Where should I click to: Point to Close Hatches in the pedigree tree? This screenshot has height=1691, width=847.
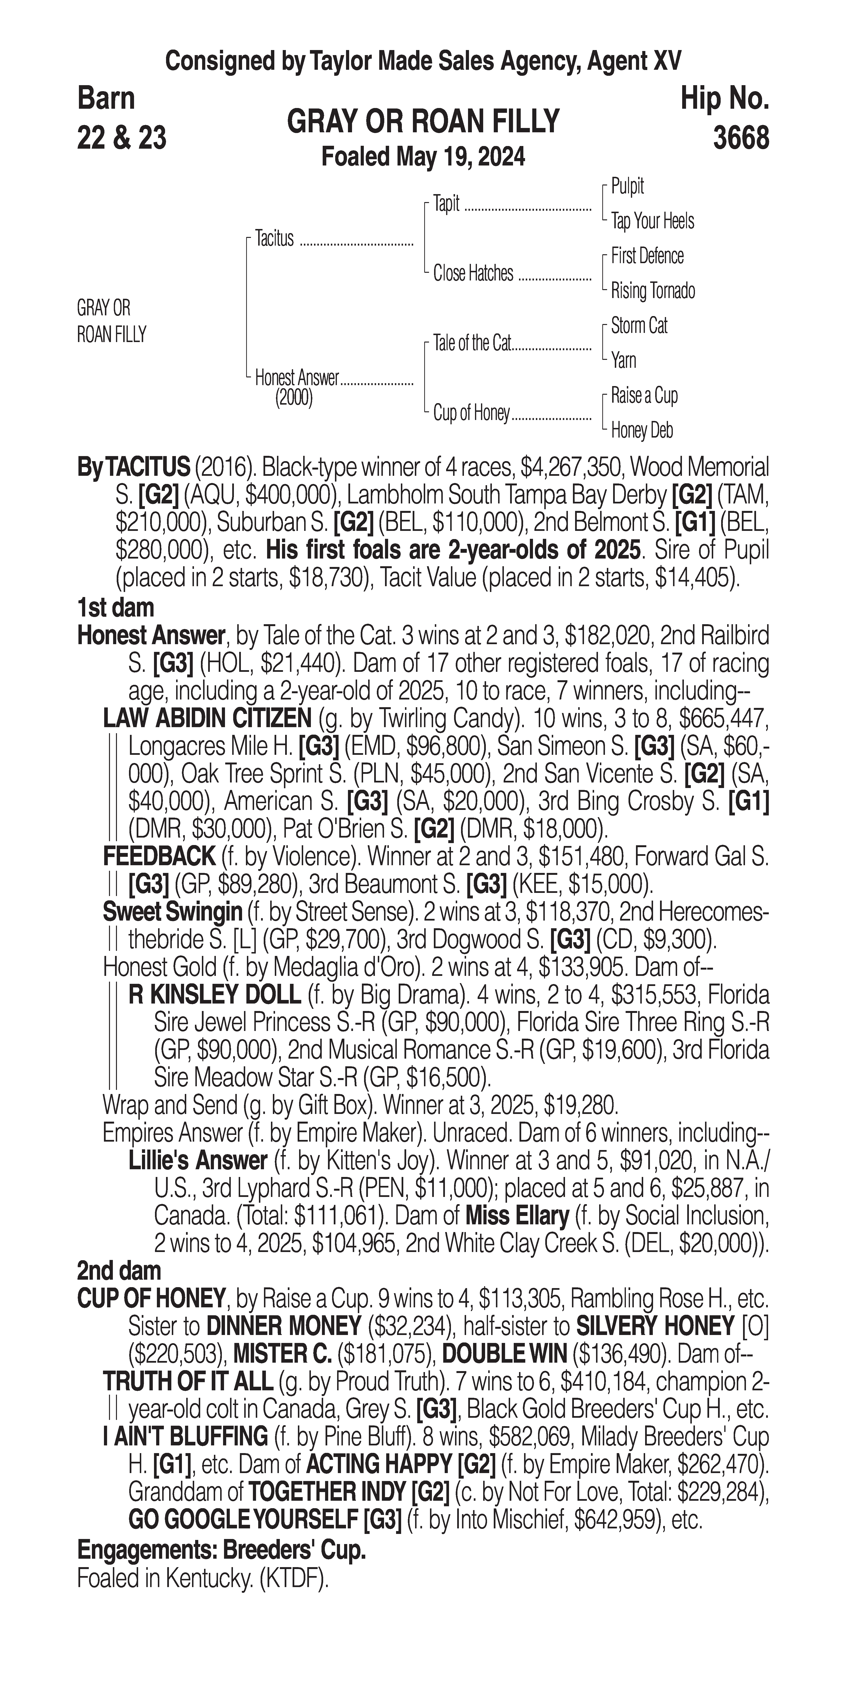473,273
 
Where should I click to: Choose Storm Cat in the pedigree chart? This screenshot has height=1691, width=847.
639,325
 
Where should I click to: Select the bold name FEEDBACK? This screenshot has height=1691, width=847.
159,856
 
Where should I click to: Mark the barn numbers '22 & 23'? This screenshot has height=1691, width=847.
122,138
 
